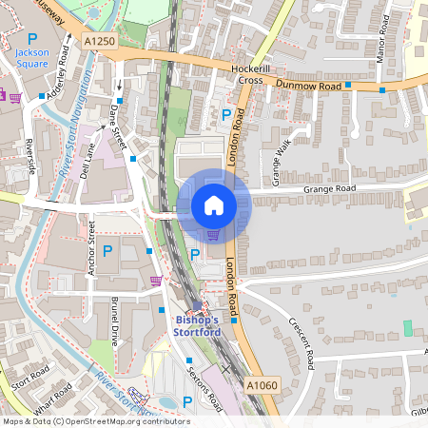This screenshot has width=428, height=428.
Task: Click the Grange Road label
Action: point(329,189)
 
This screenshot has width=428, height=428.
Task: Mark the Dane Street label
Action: point(118,126)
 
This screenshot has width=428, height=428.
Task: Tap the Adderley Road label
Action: point(55,82)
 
